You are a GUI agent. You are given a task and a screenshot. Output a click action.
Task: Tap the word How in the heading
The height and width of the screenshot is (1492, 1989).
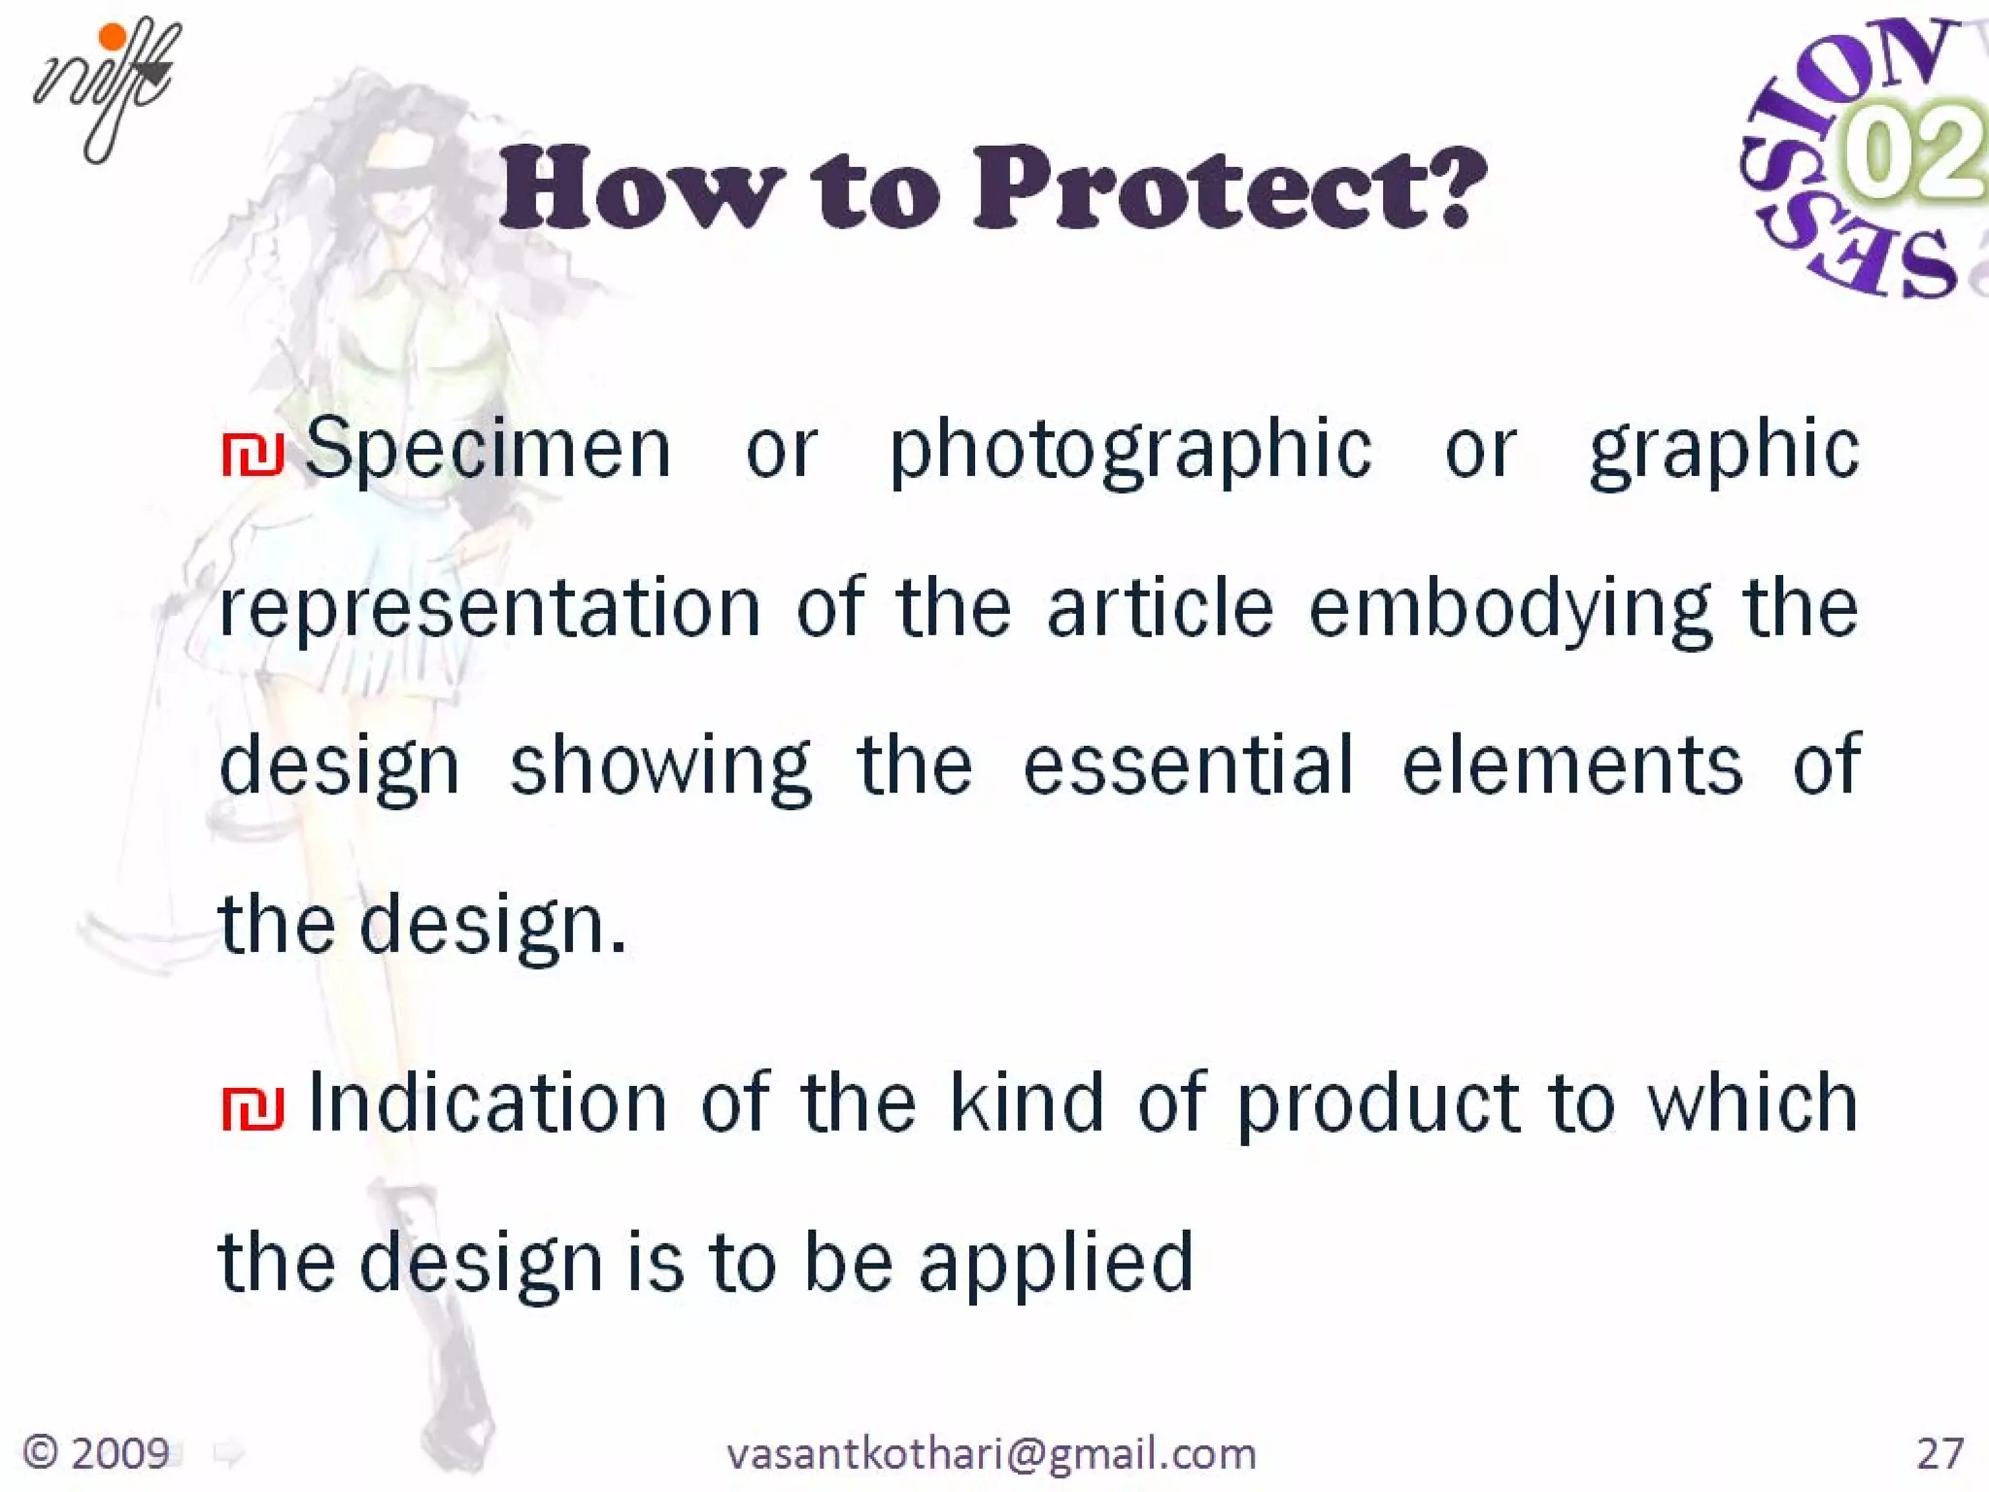tap(641, 188)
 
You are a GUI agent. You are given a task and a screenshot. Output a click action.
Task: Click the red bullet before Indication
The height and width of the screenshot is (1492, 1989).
tap(253, 1107)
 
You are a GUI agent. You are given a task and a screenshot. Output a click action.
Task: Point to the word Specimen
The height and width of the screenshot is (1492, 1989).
tap(488, 449)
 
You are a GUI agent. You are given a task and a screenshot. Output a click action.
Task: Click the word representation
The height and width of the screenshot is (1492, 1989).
tap(490, 610)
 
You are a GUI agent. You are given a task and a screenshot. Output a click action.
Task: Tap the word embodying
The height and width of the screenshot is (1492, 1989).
tap(1510, 610)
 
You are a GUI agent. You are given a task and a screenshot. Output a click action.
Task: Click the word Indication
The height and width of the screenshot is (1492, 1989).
tap(488, 1103)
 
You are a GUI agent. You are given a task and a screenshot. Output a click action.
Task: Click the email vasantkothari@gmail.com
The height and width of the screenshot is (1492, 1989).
tap(992, 1453)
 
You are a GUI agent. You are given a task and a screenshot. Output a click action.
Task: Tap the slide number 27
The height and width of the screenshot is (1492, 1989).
tap(1939, 1453)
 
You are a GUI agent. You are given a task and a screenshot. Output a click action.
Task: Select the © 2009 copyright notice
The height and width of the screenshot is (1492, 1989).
tap(96, 1453)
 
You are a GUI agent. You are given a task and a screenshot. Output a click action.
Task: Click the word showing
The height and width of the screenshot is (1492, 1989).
tap(660, 767)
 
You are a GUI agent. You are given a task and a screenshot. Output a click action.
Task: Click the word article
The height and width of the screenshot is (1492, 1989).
tap(1160, 608)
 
